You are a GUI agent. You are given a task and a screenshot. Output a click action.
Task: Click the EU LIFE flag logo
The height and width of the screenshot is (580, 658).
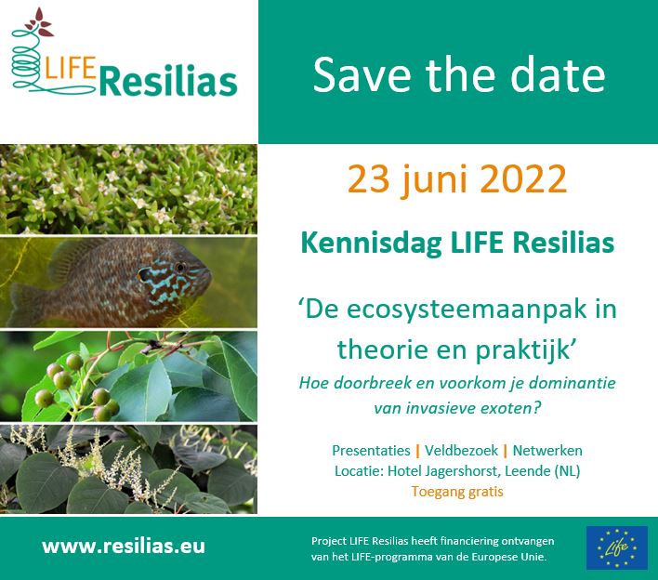pyautogui.click(x=616, y=547)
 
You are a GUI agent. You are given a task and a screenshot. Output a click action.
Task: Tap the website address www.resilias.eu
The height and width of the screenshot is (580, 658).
pyautogui.click(x=123, y=547)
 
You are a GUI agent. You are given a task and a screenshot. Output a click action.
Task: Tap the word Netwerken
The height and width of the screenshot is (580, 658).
pyautogui.click(x=547, y=451)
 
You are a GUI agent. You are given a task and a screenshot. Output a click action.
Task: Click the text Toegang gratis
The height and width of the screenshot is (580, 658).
pyautogui.click(x=457, y=492)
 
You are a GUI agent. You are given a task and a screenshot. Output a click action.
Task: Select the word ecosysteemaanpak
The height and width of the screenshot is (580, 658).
pyautogui.click(x=468, y=309)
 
